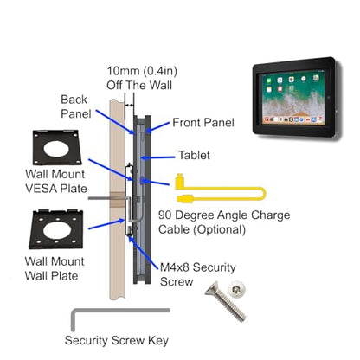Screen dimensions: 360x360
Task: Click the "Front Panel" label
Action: click(203, 123)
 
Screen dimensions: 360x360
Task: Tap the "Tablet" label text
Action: click(194, 155)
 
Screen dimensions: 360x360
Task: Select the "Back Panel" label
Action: click(76, 106)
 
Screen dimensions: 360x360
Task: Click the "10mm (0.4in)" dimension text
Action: click(142, 71)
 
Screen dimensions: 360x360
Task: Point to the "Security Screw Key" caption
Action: click(117, 340)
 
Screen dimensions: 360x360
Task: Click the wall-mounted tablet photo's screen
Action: click(292, 97)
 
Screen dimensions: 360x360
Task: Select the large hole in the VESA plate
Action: click(56, 149)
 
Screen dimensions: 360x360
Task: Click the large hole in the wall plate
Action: click(56, 230)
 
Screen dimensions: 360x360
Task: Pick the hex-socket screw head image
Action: click(236, 289)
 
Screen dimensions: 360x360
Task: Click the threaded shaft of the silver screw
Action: click(231, 306)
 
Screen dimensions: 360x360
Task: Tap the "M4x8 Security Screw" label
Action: click(197, 274)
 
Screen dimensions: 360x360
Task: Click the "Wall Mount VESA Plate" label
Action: click(56, 181)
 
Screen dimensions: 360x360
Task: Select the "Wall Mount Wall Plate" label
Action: click(55, 268)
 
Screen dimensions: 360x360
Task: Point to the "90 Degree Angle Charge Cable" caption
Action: click(224, 222)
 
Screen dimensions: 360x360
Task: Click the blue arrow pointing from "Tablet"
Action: click(157, 157)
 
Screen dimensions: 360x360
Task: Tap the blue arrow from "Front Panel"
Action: click(158, 127)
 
